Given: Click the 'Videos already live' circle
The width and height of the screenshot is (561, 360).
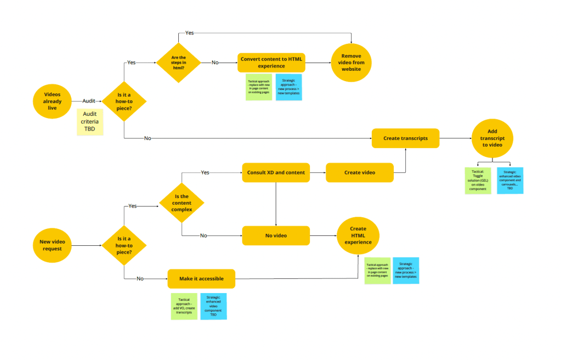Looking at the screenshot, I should tap(52, 102).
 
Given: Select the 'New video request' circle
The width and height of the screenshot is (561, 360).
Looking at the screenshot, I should tap(52, 245).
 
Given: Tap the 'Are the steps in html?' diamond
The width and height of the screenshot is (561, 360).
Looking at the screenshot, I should tap(179, 63).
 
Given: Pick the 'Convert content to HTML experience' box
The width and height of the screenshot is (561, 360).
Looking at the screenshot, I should tap(271, 63).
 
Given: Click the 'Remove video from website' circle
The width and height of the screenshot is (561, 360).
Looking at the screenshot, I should tap(352, 63).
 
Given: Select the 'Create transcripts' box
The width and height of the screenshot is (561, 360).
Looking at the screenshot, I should tap(405, 138).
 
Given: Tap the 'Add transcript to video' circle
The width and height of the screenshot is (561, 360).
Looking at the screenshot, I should tap(492, 138).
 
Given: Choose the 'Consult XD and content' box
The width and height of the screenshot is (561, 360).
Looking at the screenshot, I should tap(275, 172).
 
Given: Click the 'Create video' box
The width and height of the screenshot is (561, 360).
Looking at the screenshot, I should tap(360, 172).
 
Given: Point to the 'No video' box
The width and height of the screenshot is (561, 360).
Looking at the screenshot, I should tap(276, 235).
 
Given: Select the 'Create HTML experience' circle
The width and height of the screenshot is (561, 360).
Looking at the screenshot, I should tap(358, 235).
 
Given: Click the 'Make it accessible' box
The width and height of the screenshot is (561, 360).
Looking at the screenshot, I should tap(201, 279).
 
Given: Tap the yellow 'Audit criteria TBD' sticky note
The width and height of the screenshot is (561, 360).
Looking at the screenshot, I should tap(89, 121).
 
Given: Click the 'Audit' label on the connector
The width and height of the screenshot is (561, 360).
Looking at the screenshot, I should tap(88, 102).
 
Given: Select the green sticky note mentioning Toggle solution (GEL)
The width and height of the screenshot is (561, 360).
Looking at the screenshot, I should tap(478, 181).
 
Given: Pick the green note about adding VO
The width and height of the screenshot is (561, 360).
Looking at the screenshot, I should tap(184, 306).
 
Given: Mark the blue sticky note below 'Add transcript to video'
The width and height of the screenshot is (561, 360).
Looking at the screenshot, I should tap(509, 181).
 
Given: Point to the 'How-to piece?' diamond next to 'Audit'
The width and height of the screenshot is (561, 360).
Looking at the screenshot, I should tap(124, 102).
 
